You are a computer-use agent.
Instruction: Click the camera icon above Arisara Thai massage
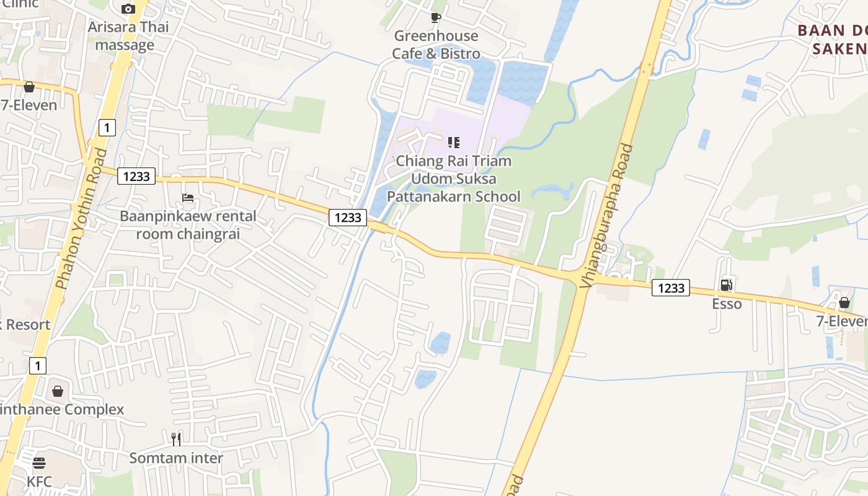pos(128,9)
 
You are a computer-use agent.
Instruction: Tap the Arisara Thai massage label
pos(128,36)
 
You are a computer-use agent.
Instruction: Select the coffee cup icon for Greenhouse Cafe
pos(436,17)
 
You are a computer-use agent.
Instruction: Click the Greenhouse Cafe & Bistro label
pos(436,45)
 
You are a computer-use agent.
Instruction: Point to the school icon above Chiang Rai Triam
pos(454,143)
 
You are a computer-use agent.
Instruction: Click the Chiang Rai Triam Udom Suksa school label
pos(454,179)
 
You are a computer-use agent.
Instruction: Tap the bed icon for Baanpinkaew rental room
pos(188,198)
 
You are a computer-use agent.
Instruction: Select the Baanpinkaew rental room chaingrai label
pos(188,226)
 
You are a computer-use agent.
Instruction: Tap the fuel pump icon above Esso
pos(726,285)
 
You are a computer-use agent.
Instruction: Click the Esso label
pos(727,304)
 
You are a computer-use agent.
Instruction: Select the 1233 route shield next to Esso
pos(671,288)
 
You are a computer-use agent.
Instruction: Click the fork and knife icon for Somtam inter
pos(176,440)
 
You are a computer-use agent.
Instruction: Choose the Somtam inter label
pos(176,458)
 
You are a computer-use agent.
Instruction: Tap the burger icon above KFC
pos(39,463)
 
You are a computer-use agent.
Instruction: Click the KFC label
pos(39,481)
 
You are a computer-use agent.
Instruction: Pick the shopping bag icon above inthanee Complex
pos(58,391)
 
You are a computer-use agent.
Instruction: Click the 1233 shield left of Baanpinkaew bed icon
pos(136,176)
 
